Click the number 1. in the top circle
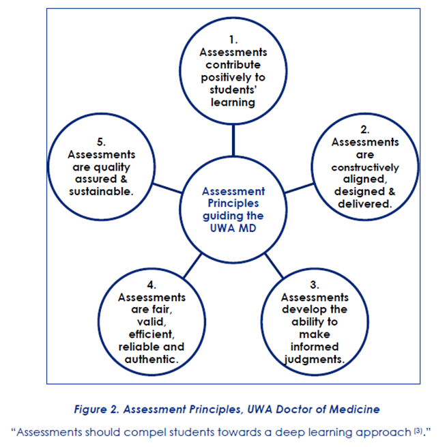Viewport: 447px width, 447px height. tap(233, 40)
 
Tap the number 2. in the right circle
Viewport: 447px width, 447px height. tap(364, 130)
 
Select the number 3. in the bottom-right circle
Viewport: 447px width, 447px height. tap(315, 285)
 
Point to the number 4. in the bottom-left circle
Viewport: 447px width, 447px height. tap(151, 285)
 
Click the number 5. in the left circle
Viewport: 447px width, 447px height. tap(101, 143)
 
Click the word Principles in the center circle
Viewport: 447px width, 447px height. tap(233, 203)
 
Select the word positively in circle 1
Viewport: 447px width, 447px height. tap(233, 77)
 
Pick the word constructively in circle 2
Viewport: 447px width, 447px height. tap(365, 167)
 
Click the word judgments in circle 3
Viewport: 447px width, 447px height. tap(315, 359)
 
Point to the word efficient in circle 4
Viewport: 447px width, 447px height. tap(151, 334)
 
